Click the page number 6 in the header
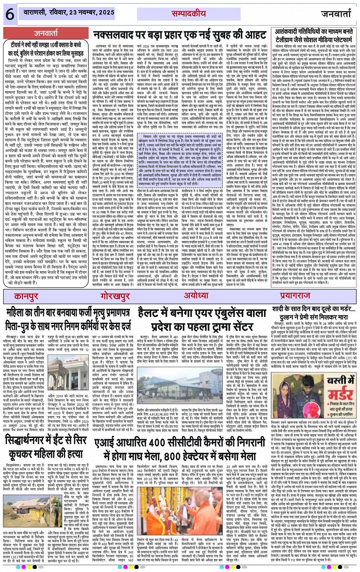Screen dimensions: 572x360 [8, 14]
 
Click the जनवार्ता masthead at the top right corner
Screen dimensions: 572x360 [335, 14]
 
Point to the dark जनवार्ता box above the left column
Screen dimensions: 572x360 [46, 33]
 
